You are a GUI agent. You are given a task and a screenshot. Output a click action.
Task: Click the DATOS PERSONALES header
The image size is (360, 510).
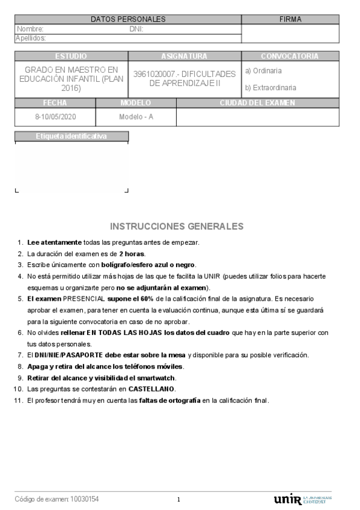click(128, 19)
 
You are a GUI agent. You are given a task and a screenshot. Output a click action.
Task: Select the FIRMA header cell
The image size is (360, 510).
click(290, 19)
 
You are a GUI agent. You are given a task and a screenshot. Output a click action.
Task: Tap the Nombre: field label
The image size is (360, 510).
click(30, 29)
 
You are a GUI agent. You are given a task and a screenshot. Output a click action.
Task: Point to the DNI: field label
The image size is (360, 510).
click(136, 29)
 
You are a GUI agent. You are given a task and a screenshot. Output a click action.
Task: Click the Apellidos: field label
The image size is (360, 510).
click(31, 38)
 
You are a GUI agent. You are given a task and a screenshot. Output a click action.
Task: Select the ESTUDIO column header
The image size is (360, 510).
click(70, 56)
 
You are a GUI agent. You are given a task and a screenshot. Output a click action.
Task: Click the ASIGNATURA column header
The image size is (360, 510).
click(184, 56)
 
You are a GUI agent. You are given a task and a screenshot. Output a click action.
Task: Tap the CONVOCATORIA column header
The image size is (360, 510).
click(290, 56)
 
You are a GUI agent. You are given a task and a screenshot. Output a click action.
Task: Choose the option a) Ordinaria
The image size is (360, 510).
click(263, 71)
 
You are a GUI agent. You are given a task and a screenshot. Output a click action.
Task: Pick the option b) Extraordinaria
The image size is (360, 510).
click(270, 88)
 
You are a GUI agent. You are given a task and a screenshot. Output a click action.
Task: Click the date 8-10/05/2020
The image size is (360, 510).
click(55, 116)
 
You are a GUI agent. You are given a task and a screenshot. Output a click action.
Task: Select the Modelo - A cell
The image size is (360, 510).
click(136, 116)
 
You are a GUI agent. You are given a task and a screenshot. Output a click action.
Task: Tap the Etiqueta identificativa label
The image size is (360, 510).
click(71, 137)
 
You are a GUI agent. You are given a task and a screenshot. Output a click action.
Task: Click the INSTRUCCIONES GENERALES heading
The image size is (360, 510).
click(177, 227)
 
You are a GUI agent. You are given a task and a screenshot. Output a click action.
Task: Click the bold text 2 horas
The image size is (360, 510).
click(132, 254)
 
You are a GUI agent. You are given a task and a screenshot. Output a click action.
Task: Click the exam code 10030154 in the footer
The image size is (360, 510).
click(85, 499)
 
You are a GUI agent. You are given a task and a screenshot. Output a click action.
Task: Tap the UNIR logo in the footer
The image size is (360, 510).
click(287, 500)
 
